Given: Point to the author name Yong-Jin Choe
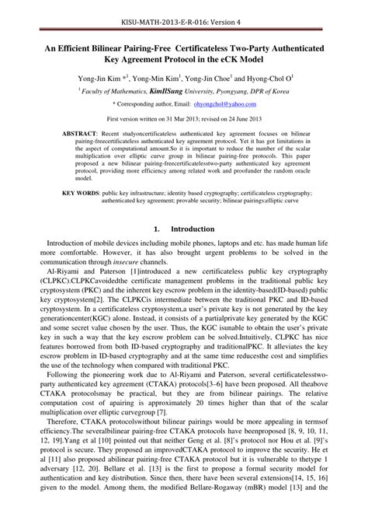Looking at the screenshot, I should (x=218, y=79).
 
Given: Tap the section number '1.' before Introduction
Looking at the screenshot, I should (x=157, y=229).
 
